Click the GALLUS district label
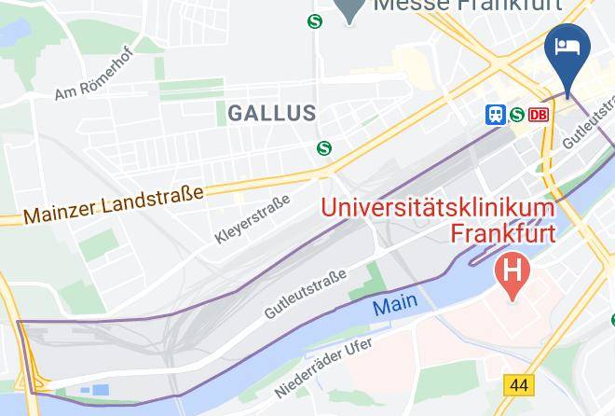coord(272,113)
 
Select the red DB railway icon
coord(539,115)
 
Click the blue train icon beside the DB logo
coord(495,115)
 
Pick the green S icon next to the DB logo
coord(516,115)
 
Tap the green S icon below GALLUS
coord(324,147)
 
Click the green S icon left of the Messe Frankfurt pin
coord(315,21)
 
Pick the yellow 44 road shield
coord(517,384)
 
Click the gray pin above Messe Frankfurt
coord(348,9)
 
